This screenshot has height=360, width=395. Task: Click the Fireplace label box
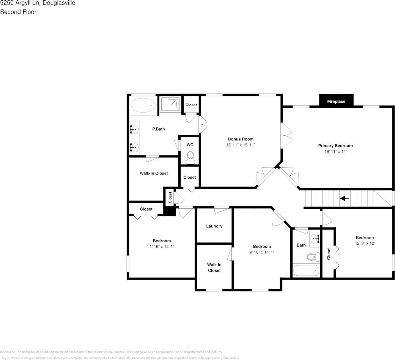click(x=336, y=101)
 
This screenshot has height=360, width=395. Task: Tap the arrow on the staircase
click(x=345, y=198)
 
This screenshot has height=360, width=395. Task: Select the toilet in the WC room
click(x=190, y=157)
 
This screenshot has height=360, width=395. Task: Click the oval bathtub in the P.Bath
click(x=143, y=105)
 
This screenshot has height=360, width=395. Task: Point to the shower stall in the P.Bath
click(x=170, y=104)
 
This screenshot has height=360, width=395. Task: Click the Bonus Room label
click(x=241, y=139)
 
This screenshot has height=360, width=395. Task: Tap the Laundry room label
click(x=214, y=226)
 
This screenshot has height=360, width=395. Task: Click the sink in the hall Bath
click(x=315, y=238)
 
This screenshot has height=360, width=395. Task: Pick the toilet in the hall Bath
click(x=312, y=257)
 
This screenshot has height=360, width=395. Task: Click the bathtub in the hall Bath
click(x=306, y=271)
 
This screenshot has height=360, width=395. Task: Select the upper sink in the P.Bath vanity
click(x=134, y=130)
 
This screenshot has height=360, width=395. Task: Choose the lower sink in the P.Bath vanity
click(x=134, y=146)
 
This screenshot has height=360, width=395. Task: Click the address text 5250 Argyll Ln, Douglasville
click(x=38, y=3)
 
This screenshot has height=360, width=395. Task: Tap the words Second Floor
click(x=18, y=12)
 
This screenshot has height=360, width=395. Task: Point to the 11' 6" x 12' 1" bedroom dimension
click(x=162, y=246)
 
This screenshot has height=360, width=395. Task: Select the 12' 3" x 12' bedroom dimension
click(x=365, y=243)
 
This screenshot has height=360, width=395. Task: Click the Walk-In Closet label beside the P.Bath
click(x=154, y=173)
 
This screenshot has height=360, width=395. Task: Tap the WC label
click(x=190, y=145)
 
